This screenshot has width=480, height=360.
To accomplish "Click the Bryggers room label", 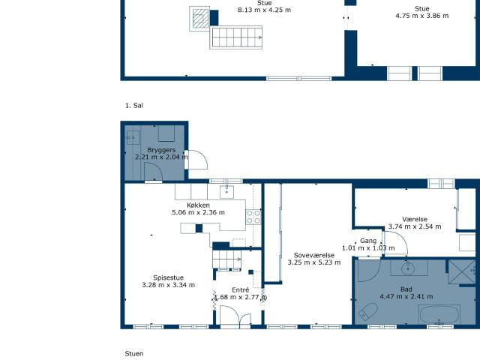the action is tap(161, 150).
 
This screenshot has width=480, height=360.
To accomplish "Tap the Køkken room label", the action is tap(198, 205).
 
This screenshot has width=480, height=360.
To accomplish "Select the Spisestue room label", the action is tap(168, 277).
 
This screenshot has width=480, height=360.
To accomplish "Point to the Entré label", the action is tap(240, 290).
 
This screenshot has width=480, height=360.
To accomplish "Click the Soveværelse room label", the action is tap(314, 255).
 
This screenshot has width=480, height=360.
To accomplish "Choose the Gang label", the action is tap(368, 241).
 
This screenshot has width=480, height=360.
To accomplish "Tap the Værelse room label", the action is tap(415, 219).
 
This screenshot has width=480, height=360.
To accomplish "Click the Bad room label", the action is tap(406, 289).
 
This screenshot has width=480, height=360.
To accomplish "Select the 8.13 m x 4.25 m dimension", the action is tap(264, 10).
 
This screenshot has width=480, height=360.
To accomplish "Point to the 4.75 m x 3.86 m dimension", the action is tap(421, 16).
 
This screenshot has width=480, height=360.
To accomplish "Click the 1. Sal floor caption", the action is tap(134, 106).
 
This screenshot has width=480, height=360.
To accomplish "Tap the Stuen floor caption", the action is tap(134, 353).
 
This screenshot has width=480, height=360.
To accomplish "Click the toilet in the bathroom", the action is tap(368, 311).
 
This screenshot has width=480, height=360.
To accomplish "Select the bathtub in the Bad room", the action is tap(439, 314).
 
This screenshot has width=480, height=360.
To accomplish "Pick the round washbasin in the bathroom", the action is tap(408, 268).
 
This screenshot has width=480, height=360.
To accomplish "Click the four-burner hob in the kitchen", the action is tap(253, 217).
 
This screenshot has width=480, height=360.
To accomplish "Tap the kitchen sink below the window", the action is tap(226, 192).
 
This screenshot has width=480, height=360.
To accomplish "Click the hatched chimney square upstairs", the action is tap(200, 19).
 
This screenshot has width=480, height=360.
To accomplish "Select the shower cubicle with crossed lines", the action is tap(462, 272).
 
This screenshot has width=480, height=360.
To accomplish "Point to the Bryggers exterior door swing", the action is tap(197, 160).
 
